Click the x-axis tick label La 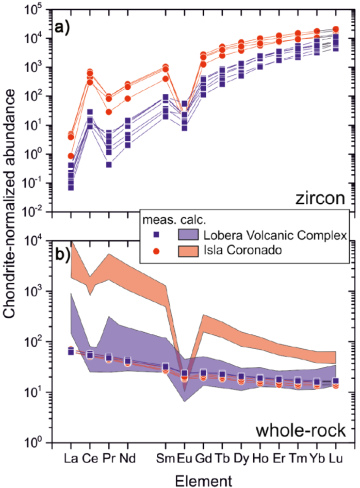tap(71, 457)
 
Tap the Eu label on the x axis tap(184, 457)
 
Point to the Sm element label tap(166, 457)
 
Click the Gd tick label tap(203, 457)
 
